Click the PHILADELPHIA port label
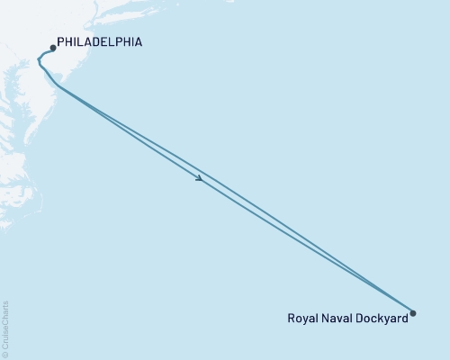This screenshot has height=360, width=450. pos(98,41)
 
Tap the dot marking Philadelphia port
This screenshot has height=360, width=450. pos(53,48)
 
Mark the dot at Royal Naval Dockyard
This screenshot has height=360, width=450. pos(413,313)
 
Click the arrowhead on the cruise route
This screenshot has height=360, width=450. pos(199,178)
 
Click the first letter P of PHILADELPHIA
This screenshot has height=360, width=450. pos(60,41)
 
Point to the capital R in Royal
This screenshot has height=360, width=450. pos(291,318)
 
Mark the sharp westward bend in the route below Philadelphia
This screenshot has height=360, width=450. pos(39,60)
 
